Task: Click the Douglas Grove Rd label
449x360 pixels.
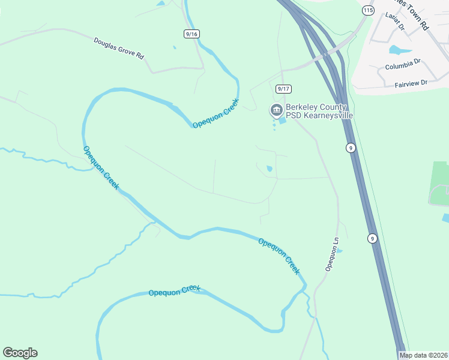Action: [119, 49]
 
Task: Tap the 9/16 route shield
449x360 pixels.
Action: [191, 34]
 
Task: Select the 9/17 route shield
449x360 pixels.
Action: [283, 89]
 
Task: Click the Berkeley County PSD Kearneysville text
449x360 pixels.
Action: [319, 110]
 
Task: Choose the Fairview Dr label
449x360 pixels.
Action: [411, 83]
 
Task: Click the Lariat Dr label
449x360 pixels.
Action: [396, 22]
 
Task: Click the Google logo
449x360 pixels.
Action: [20, 353]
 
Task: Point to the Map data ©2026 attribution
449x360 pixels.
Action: [423, 355]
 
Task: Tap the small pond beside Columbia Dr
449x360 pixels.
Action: [397, 49]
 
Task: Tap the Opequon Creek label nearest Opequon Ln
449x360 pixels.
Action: [279, 256]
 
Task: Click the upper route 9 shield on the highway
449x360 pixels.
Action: [350, 148]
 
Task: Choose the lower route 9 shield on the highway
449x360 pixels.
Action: [372, 238]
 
